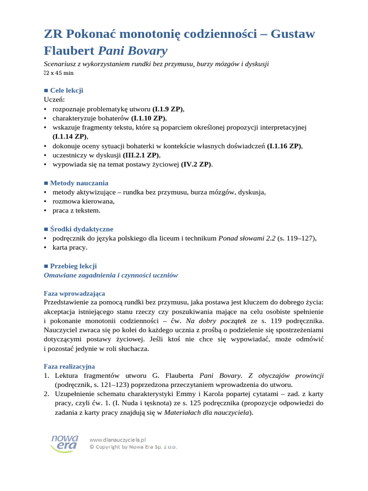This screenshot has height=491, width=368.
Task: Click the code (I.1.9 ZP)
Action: pos(168,109)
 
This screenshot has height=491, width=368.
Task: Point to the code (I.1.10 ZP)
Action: pos(149,118)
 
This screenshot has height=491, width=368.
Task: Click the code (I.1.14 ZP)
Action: pos(70,137)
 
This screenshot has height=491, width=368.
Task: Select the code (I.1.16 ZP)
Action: pos(285,146)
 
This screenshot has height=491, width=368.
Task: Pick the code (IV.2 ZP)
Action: pos(196,164)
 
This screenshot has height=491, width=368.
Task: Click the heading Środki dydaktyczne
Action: pos(81,229)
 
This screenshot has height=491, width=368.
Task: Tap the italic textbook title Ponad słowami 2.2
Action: pos(247,238)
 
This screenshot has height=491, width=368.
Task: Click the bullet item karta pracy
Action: pos(70,247)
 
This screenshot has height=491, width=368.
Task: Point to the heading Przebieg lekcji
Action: pos(73,266)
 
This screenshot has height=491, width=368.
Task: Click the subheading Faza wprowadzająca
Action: pos(74,293)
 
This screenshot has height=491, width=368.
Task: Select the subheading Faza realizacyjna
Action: pos(69,367)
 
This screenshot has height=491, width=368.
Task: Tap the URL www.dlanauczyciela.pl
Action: pos(117,439)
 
